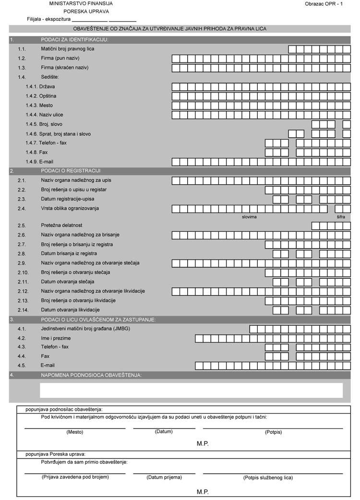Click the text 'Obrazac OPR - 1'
[x=324, y=4]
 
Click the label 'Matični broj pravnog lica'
[x=71, y=49]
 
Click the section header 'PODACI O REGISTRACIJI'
[x=71, y=171]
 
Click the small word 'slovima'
[x=249, y=217]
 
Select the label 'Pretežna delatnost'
[x=61, y=225]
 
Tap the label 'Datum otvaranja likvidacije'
[x=71, y=310]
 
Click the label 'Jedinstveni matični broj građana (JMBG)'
[x=85, y=329]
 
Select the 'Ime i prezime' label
[x=56, y=338]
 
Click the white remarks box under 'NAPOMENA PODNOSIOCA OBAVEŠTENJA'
[x=191, y=390]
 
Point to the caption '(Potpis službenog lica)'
[x=268, y=477]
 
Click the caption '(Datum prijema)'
[x=164, y=477]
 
